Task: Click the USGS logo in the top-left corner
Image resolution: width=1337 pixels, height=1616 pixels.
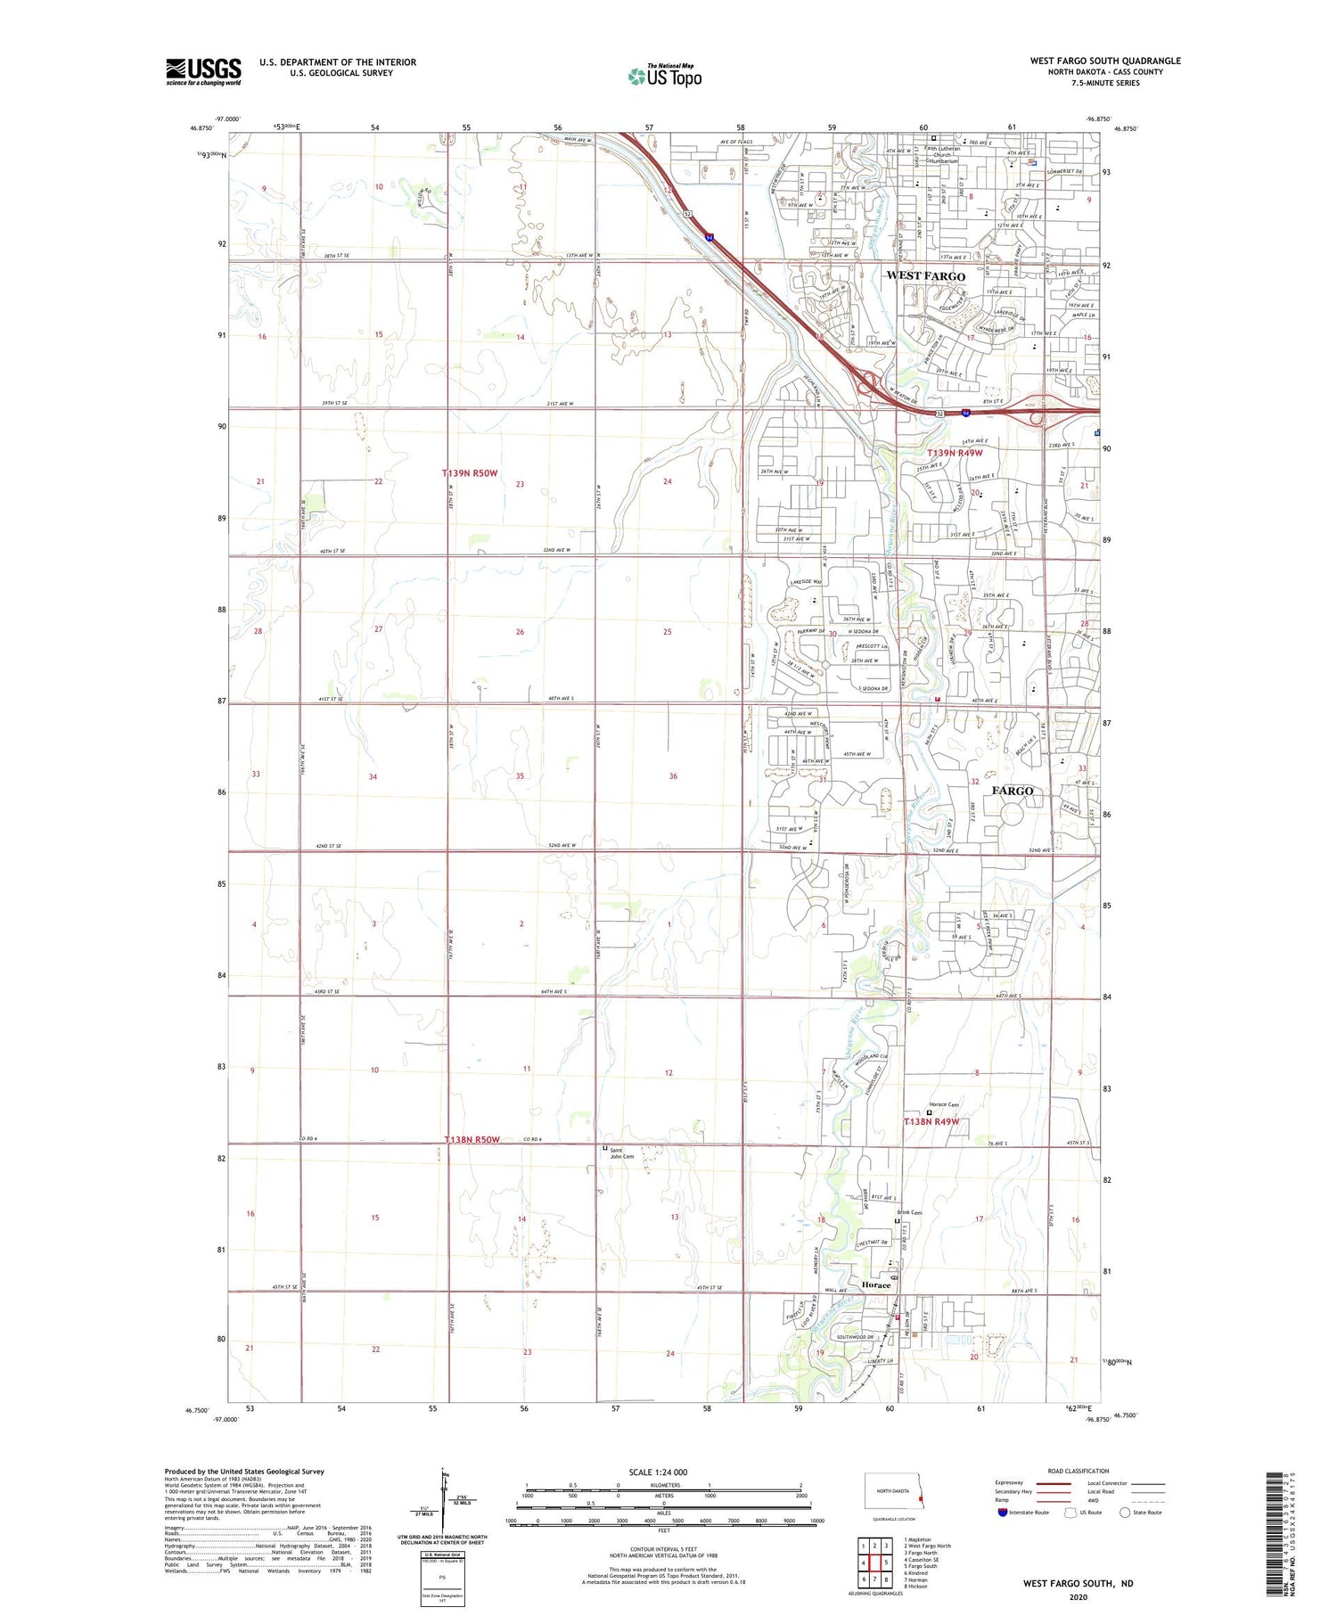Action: pos(203,71)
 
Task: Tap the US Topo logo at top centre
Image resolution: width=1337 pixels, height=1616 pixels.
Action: pos(665,77)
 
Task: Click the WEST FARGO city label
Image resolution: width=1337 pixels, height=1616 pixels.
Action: pos(925,276)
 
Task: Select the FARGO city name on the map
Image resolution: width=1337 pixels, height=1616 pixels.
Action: pos(1013,791)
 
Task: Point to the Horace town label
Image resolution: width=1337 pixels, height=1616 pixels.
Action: pos(876,1285)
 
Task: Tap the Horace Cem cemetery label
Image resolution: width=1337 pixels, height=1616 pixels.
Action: pos(944,1104)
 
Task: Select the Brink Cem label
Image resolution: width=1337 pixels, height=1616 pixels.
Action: pos(909,1213)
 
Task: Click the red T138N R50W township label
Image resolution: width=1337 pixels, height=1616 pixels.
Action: pos(472,1140)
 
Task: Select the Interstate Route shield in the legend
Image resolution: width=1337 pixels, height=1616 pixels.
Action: pos(1002,1513)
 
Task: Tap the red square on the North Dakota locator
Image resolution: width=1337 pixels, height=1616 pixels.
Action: pos(921,1498)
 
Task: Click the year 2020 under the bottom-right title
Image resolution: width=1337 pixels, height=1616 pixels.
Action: pos(1079,1597)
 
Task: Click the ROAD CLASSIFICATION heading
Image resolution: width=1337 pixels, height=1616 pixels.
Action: pos(1079,1471)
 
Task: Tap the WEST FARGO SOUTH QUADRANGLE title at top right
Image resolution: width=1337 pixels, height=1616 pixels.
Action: pos(1105,61)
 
